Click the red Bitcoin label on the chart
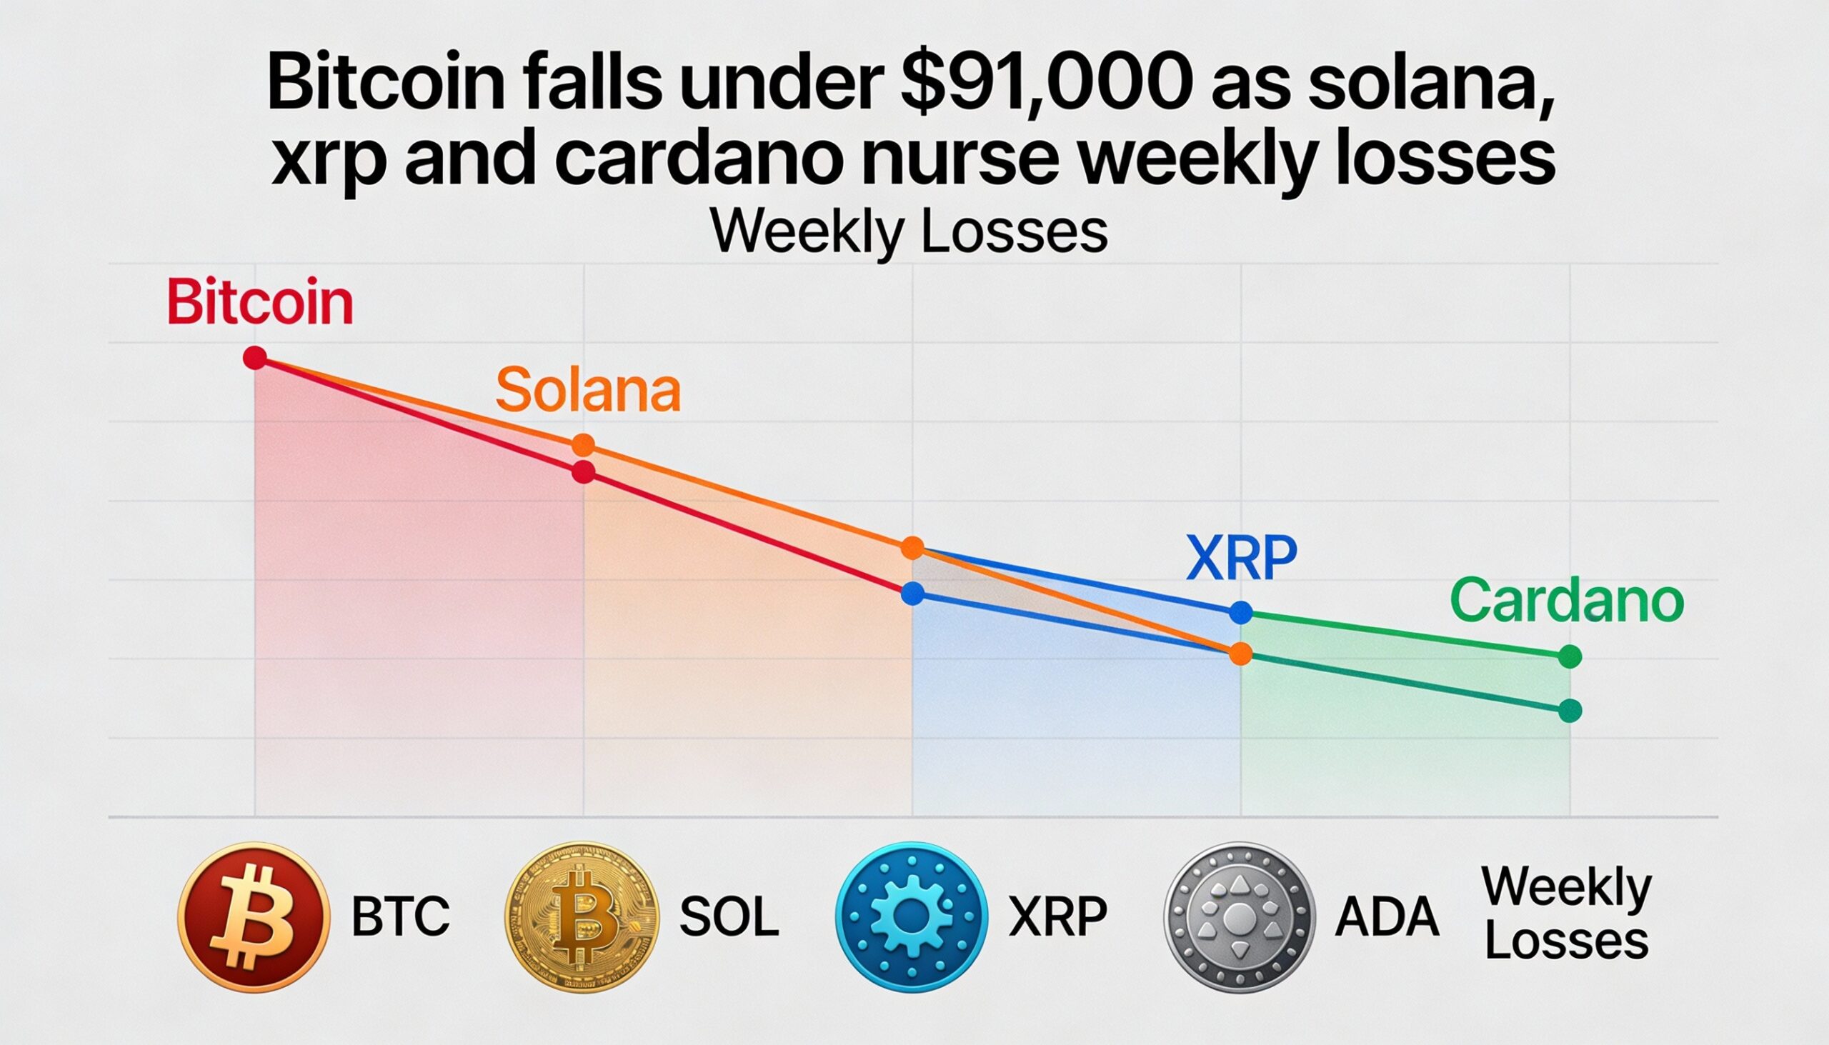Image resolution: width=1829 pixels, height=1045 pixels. pos(259,303)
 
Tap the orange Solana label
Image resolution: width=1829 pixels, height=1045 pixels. pos(587,391)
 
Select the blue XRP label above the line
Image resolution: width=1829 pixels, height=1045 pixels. pos(1241,558)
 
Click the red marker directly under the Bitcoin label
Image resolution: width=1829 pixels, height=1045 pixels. pos(255,357)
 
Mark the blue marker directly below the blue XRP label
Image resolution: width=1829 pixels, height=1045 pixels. pos(1240,613)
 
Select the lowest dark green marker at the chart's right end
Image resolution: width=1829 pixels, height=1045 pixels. pos(1570,711)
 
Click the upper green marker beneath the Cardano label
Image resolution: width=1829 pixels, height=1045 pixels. pos(1570,656)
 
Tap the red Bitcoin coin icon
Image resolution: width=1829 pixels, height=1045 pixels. pos(254,917)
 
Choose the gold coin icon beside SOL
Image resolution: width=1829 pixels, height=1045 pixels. pos(582,916)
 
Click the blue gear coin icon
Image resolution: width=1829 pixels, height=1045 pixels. pos(912,917)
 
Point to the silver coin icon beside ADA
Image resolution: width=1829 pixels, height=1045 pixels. pos(1240,917)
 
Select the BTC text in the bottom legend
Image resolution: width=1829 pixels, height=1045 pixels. pos(401,916)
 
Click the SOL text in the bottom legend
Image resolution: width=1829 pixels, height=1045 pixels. pos(729,916)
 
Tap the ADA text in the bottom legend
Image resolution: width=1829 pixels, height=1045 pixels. pos(1387,916)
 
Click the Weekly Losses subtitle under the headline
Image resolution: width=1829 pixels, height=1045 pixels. pos(909,231)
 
